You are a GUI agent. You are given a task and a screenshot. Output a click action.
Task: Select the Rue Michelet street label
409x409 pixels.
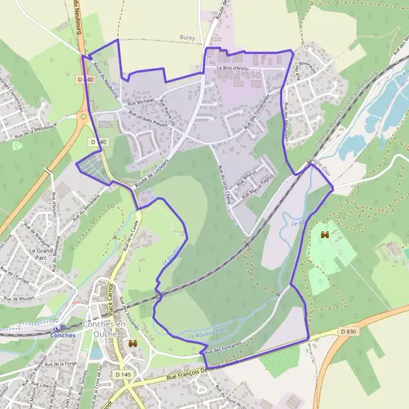pyautogui.click(x=141, y=102)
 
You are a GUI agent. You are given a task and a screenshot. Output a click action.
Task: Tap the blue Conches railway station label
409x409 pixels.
pyautogui.click(x=63, y=335)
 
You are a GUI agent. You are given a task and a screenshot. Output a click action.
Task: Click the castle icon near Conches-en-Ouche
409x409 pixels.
pyautogui.click(x=134, y=343)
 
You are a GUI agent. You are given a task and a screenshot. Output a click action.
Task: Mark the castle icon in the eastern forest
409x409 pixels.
pyautogui.click(x=324, y=235)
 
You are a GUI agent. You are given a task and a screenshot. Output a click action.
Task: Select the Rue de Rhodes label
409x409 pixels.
pyautogui.click(x=18, y=299)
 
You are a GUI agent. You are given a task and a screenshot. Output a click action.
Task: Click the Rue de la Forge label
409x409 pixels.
pyautogui.click(x=61, y=363)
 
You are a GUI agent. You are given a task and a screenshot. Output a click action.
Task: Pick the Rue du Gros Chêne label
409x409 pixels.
pyautogui.click(x=223, y=181)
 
